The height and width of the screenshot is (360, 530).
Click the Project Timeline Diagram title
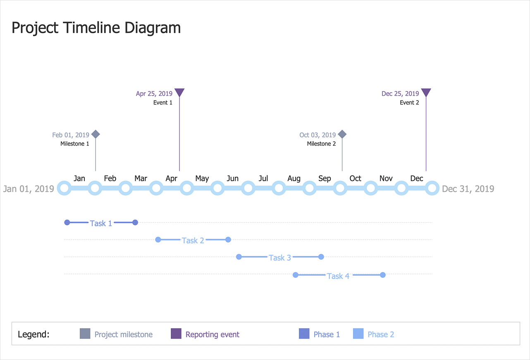coord(96,28)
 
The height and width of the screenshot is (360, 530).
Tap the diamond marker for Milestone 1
coord(95,134)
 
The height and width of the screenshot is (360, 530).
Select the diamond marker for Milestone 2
coord(342,134)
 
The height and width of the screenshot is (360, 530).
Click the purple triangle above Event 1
coord(179,92)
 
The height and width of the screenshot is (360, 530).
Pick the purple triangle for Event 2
coord(426,92)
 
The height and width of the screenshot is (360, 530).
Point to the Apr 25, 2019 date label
coord(154,94)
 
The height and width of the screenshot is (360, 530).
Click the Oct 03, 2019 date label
coord(318,135)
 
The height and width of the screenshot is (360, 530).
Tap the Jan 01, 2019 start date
coord(29,189)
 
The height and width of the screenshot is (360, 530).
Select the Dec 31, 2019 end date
coord(468,189)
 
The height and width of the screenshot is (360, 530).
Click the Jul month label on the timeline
coord(263,178)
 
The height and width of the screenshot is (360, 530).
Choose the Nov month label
coord(386,178)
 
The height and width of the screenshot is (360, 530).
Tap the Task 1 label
coord(101,223)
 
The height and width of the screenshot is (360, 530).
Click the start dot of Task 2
coord(158,240)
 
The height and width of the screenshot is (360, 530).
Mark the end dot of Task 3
coord(321,257)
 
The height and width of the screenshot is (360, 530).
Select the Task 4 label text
coord(338,276)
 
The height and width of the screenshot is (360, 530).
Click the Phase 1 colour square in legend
coord(304,334)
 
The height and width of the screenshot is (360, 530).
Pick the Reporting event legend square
coord(176,334)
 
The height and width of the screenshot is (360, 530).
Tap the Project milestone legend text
coord(123,335)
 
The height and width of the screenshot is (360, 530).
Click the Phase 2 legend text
coord(381,335)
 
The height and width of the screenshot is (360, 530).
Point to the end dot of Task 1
coord(135,223)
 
